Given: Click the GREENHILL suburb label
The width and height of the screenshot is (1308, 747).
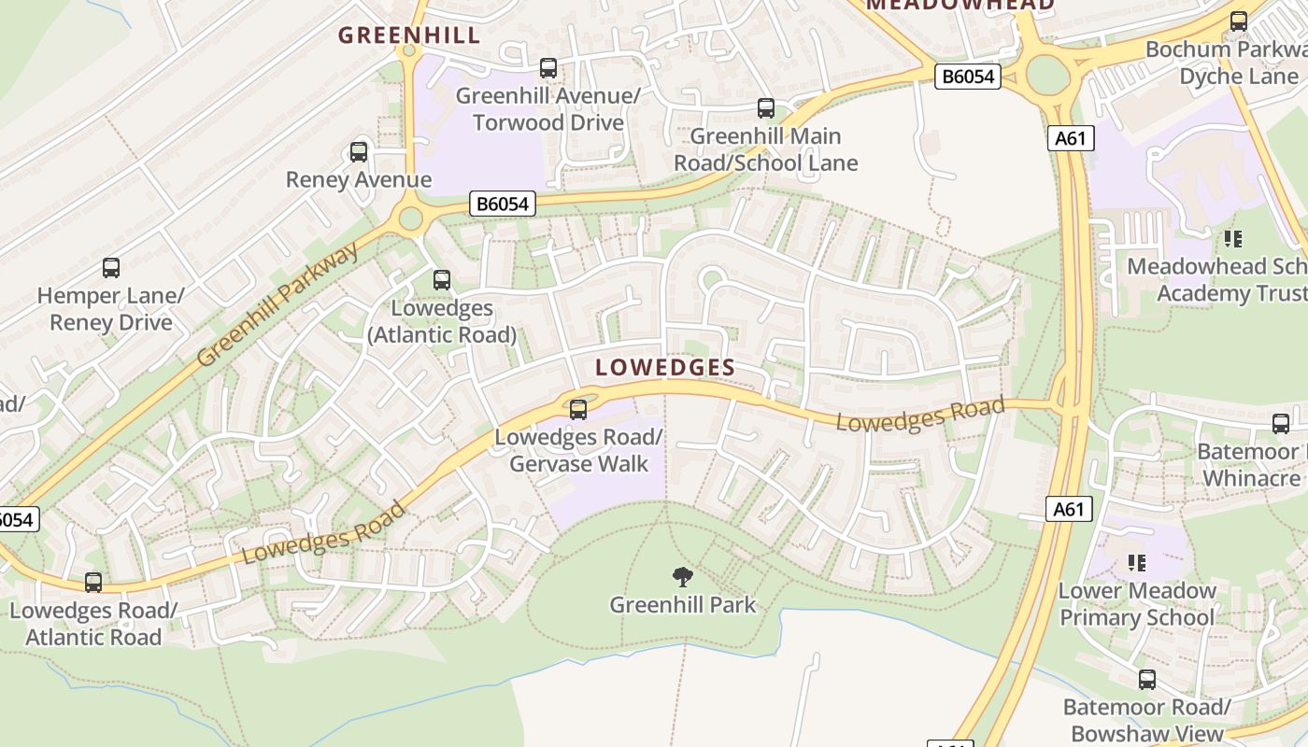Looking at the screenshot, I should (408, 35).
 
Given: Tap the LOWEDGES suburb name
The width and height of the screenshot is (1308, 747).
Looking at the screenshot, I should (665, 367).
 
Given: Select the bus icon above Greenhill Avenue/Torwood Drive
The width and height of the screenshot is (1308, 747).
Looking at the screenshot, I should (548, 68).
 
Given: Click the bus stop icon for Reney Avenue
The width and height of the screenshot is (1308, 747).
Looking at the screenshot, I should (359, 152).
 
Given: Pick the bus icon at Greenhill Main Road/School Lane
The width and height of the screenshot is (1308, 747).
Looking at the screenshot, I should (766, 108).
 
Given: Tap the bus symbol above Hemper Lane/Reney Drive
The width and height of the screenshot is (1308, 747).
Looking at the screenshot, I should (111, 268).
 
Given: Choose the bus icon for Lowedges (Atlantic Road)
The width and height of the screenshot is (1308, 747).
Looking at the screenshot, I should (442, 279).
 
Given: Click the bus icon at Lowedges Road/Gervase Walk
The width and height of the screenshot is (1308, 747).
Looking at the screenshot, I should (578, 409).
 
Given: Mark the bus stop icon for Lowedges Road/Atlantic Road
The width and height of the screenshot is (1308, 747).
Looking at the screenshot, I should (93, 583).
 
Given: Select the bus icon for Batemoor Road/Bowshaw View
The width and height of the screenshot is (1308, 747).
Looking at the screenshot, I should (1147, 680).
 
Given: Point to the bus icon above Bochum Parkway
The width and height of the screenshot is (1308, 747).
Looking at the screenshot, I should (1239, 21).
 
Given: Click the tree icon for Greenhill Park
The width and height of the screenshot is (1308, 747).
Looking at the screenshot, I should (683, 577).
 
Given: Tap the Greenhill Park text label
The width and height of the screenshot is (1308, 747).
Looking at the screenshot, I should (683, 605).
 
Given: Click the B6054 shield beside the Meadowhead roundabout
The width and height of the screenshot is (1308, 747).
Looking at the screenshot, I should (968, 77).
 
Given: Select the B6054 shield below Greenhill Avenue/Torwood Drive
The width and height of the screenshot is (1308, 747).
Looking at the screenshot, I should (503, 204).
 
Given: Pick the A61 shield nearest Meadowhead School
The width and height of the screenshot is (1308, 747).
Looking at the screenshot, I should (1070, 139).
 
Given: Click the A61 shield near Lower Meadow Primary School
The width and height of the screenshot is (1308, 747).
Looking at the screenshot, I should (1068, 509).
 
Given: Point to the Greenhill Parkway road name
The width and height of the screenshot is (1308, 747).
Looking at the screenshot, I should (278, 304).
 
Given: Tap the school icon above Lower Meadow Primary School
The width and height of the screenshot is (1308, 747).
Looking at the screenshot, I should (1137, 562).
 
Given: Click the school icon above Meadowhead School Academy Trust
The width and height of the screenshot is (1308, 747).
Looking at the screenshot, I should (1233, 239).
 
